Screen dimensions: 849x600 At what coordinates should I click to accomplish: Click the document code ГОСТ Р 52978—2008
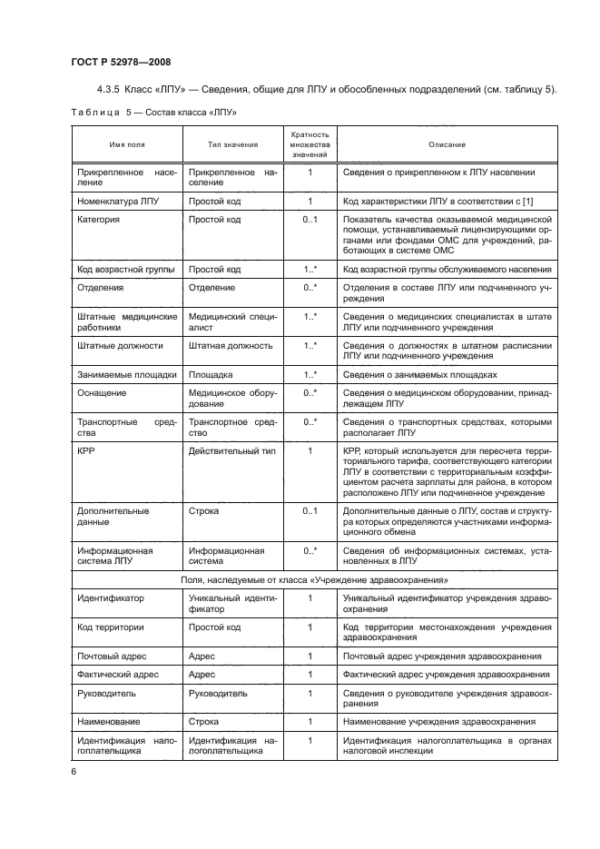click(122, 61)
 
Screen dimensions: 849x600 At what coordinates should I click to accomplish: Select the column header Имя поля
click(127, 145)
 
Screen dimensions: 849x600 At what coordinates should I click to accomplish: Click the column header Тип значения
click(232, 145)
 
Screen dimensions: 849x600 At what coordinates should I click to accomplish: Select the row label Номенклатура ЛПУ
click(119, 201)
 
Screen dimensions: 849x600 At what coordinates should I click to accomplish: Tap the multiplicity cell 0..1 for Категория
click(310, 220)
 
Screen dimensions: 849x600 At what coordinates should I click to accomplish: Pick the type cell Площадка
click(211, 374)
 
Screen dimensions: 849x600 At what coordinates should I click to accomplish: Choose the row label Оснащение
click(103, 393)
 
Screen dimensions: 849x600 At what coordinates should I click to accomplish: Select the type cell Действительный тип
click(231, 451)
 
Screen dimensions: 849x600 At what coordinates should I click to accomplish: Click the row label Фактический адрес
click(119, 675)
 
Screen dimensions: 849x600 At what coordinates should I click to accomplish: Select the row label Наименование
click(113, 722)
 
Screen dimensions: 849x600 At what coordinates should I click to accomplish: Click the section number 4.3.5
click(109, 88)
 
